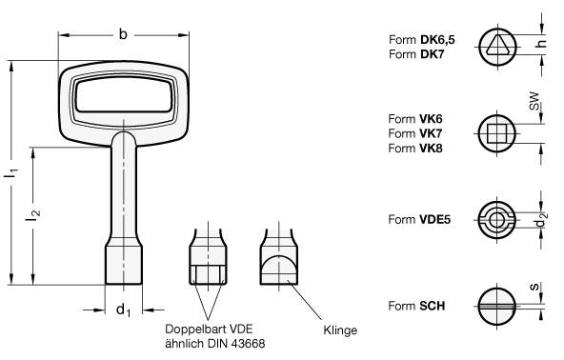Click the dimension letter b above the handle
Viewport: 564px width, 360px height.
[x=123, y=34]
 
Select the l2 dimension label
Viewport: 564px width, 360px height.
[x=34, y=216]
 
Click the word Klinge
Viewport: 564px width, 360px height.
[x=340, y=330]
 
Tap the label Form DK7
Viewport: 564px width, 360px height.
[x=417, y=54]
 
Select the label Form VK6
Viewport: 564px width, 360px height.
[x=416, y=119]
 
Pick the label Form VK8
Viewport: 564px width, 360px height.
[x=416, y=149]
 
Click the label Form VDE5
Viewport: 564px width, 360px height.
[x=420, y=218]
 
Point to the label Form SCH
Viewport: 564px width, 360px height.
[x=417, y=306]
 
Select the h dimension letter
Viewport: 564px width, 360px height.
[x=542, y=45]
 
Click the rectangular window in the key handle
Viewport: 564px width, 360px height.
[x=123, y=98]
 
